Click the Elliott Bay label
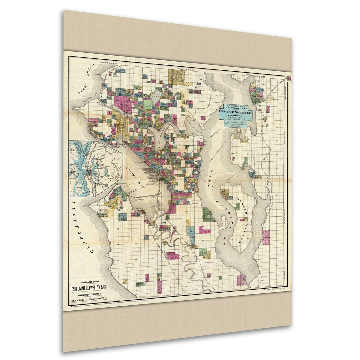[135, 177]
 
